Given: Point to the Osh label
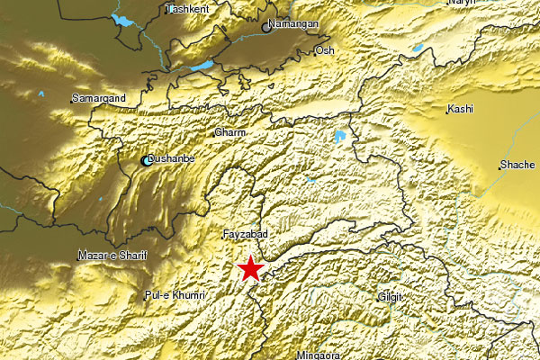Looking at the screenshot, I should (324, 51).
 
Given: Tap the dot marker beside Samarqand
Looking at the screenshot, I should (72, 99).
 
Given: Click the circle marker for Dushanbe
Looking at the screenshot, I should (147, 162).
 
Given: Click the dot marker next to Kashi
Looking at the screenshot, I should (447, 111).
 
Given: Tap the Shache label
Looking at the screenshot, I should (519, 166).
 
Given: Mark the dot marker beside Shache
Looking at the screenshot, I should (500, 166).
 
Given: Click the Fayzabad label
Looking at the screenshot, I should (246, 234).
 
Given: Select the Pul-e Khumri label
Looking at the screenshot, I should (175, 295).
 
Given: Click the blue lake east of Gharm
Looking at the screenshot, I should (339, 138).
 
